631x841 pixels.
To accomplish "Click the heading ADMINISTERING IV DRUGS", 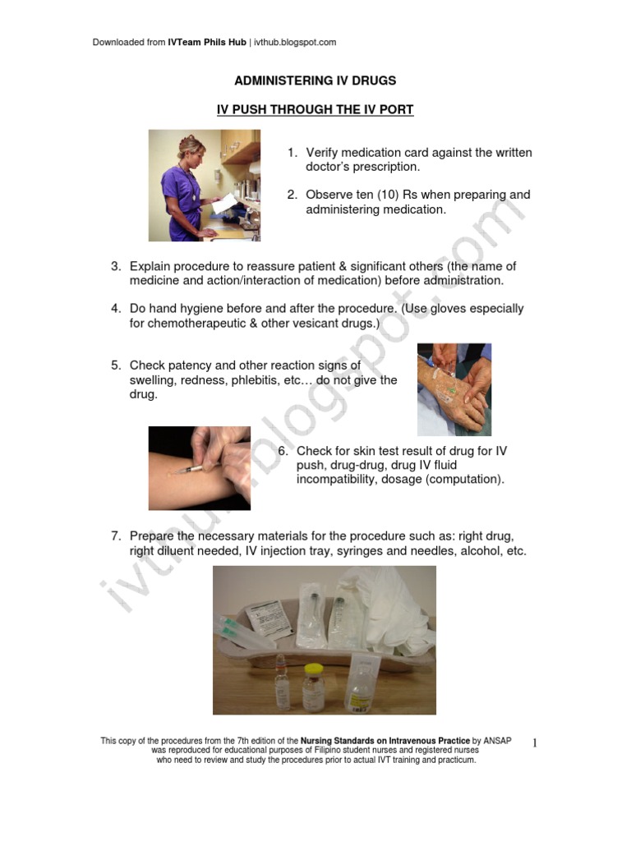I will (315, 80).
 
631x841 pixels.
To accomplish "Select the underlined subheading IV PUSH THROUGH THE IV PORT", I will (315, 108).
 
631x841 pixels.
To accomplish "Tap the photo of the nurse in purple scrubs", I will (204, 186).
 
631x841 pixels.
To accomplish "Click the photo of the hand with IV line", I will (454, 388).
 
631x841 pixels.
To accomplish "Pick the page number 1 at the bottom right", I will (533, 743).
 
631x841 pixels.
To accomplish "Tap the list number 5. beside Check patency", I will (117, 365).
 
